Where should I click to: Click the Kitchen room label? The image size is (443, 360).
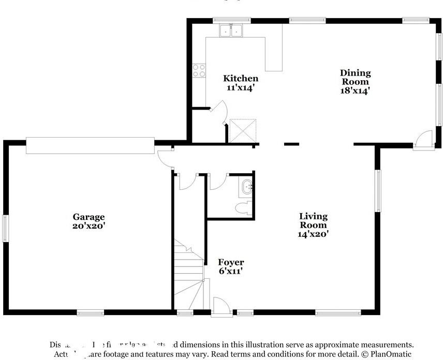coord(241,79)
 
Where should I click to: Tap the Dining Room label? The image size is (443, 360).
coord(355,77)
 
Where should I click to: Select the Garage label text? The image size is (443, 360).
coord(88,217)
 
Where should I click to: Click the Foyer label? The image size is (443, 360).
coord(230,262)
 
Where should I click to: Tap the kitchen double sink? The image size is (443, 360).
coord(231,32)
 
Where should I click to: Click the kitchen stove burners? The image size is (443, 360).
coord(199,70)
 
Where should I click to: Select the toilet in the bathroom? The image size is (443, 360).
coord(243,208)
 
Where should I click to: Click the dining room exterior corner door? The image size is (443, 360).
coord(424,140)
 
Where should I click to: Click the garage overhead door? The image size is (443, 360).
coord(91,145)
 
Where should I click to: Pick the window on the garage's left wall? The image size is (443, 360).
coord(6,228)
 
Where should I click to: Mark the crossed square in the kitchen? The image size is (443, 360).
coord(243,130)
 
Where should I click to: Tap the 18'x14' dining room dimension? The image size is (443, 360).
coord(355,90)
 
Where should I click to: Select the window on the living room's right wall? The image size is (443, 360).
coord(378,191)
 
